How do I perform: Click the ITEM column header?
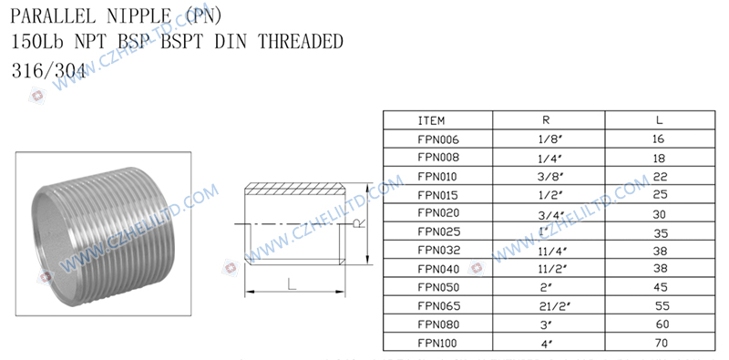pyautogui.click(x=431, y=120)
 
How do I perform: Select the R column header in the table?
pyautogui.click(x=546, y=120)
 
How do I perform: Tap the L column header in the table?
pyautogui.click(x=659, y=120)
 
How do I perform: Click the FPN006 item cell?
pyautogui.click(x=438, y=139)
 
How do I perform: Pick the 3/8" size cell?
pyautogui.click(x=552, y=177)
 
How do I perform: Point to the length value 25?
pyautogui.click(x=660, y=195)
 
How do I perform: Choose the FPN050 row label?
pyautogui.click(x=438, y=287)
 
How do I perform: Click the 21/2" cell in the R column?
pyautogui.click(x=555, y=306)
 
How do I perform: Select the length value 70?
pyautogui.click(x=660, y=344)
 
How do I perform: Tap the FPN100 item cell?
pyautogui.click(x=437, y=344)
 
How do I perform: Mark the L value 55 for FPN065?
pyautogui.click(x=662, y=306)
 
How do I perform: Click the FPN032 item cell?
pyautogui.click(x=439, y=251)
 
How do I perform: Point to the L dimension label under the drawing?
pyautogui.click(x=292, y=284)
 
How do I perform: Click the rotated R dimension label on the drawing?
pyautogui.click(x=357, y=223)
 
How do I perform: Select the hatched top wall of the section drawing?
pyautogui.click(x=294, y=189)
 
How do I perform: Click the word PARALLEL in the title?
pyautogui.click(x=53, y=16)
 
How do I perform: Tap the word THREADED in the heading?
pyautogui.click(x=301, y=42)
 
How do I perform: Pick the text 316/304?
pyautogui.click(x=49, y=71)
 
